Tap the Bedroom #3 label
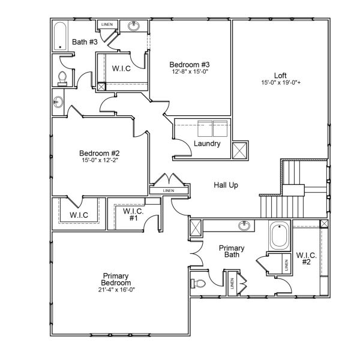pos(189,64)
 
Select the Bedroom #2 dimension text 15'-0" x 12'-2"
pos(101,160)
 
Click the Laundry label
pos(208,143)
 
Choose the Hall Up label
pos(226,185)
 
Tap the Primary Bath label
pos(231,251)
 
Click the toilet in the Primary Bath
pos(199,283)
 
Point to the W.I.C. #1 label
pos(133,214)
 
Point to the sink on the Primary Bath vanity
pos(245,226)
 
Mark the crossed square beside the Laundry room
pos(240,149)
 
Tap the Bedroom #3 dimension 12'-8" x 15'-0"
pos(189,72)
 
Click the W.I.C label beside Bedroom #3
pos(122,68)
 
